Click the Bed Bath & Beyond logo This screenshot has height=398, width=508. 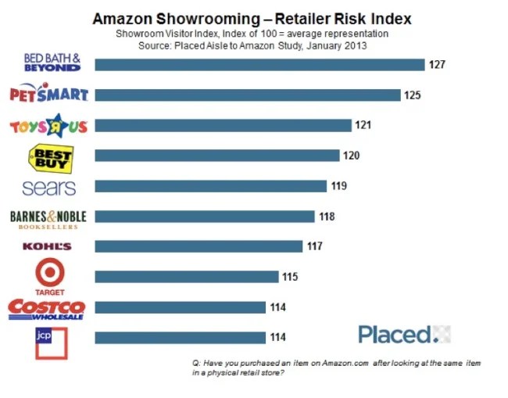tap(53, 63)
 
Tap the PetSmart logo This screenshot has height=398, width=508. tap(48, 95)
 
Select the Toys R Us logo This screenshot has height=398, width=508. tap(48, 125)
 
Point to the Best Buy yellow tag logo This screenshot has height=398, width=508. tap(52, 157)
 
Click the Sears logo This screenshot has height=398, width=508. tap(49, 188)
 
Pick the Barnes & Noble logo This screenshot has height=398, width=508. tap(48, 218)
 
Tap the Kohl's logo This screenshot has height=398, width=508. tap(48, 247)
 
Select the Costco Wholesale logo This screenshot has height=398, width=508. tap(47, 308)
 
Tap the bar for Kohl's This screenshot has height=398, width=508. tap(199, 247)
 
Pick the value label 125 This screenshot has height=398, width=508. tap(413, 95)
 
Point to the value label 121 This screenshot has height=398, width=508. tap(362, 125)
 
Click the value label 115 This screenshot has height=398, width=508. tap(290, 277)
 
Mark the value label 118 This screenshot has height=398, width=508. tap(326, 217)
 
